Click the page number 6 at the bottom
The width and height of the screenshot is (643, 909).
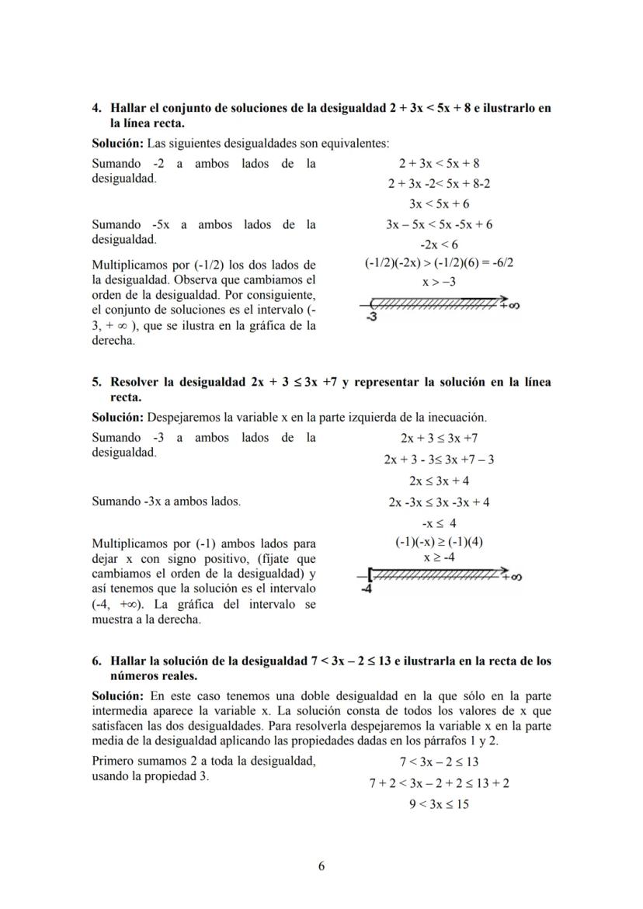321,868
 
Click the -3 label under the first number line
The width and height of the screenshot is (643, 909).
371,317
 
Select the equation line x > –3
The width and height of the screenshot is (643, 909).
439,283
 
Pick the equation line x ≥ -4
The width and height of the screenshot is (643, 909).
439,557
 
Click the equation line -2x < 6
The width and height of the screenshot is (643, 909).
439,244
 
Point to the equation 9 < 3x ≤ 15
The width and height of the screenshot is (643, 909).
439,804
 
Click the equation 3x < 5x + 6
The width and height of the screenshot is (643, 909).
439,204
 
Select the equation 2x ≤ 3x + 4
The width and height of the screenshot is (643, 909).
439,481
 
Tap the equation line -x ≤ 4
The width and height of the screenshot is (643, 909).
439,522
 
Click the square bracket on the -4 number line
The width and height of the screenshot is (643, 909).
372,575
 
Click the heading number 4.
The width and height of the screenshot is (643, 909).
96,108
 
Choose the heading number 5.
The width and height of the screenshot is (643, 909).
96,382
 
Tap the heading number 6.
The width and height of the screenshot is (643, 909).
96,661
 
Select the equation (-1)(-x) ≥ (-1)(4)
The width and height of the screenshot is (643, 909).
439,542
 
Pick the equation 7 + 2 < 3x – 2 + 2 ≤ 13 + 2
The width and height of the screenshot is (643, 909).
439,783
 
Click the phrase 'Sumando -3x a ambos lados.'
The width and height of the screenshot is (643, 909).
166,501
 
